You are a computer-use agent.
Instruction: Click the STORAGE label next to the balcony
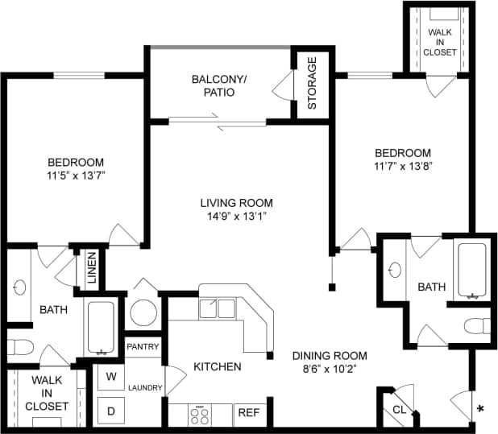point(312,83)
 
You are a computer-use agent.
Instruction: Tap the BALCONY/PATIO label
point(214,85)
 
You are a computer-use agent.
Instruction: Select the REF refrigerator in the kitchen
point(249,414)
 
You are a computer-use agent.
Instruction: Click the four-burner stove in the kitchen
point(200,415)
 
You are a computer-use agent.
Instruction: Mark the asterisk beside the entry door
point(481,409)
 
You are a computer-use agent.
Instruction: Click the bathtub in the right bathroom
point(471,270)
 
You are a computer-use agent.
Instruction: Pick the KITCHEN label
point(217,366)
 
